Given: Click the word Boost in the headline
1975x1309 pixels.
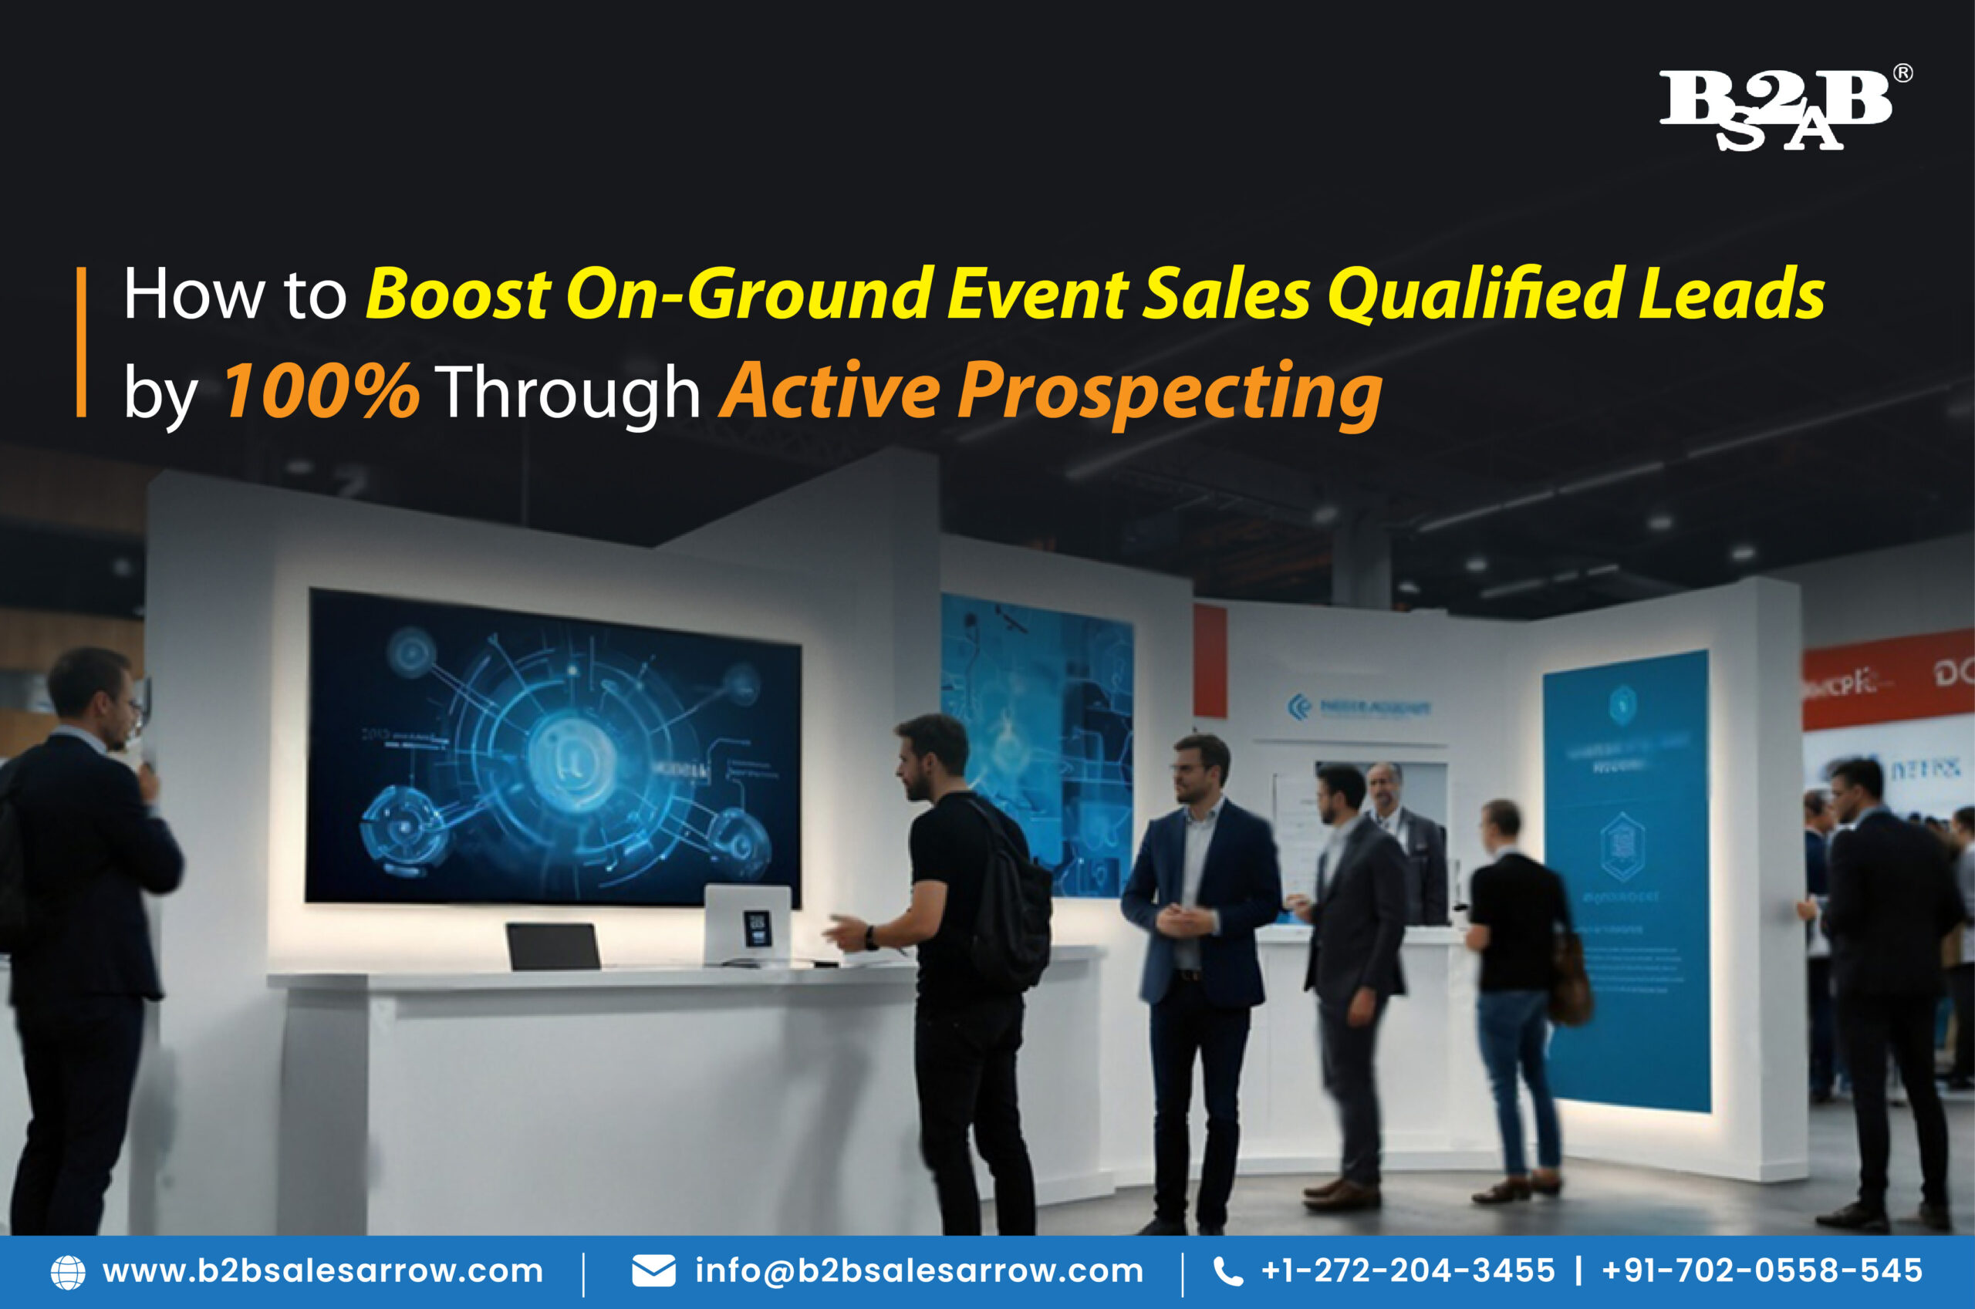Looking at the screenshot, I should coord(457,294).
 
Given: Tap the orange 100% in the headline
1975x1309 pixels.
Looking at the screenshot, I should coord(320,391).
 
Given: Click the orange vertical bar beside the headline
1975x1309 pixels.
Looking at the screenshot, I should coord(81,342).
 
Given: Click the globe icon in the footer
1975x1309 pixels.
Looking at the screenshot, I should coord(68,1271).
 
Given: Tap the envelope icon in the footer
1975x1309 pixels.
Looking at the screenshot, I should coord(653,1270).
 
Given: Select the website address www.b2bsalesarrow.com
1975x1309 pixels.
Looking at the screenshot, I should coord(322,1270).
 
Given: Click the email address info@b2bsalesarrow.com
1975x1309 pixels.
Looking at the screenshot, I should coord(919,1270).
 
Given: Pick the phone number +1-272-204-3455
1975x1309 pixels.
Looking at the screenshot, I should coord(1408,1270).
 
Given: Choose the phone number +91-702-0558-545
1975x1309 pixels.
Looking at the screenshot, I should coord(1762,1270).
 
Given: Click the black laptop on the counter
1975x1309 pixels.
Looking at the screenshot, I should coord(552,946).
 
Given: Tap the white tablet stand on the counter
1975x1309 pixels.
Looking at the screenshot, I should coord(747,923).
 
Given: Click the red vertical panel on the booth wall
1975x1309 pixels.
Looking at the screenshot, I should coord(1210,661).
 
